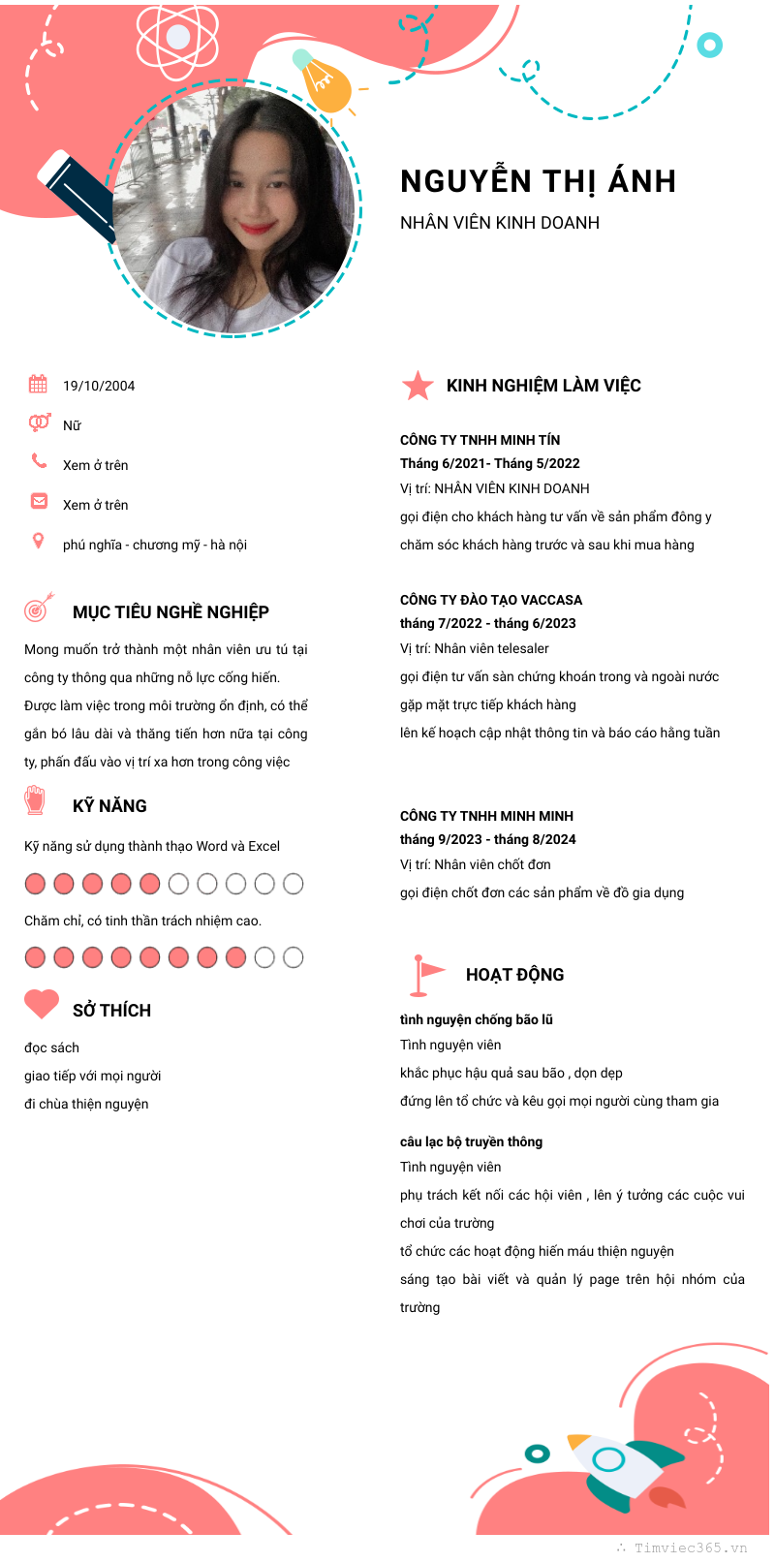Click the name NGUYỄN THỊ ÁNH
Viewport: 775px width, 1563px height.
click(538, 181)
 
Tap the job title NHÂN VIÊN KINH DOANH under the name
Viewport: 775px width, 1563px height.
click(500, 223)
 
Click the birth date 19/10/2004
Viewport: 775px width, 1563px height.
click(99, 386)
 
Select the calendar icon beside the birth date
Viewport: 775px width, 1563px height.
click(38, 384)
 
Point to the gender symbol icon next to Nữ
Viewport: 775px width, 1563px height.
click(39, 422)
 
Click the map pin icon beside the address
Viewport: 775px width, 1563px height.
click(38, 541)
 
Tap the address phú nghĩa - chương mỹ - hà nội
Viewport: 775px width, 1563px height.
click(155, 545)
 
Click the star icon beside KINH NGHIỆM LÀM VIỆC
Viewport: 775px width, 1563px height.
click(418, 386)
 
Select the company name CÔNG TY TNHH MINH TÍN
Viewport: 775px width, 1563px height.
click(480, 440)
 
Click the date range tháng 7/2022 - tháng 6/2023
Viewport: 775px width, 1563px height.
click(488, 623)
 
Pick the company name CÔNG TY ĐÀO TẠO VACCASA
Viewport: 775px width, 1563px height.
click(491, 600)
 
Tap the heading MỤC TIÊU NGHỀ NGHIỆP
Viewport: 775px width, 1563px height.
click(170, 612)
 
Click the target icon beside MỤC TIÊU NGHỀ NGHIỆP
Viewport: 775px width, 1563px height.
click(39, 608)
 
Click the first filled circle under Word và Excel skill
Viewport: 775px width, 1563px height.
click(35, 884)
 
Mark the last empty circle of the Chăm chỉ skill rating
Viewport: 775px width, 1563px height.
click(293, 957)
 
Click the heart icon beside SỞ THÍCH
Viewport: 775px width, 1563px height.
click(42, 1004)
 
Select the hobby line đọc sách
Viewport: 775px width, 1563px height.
click(52, 1047)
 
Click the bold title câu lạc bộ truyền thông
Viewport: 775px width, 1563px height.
click(472, 1141)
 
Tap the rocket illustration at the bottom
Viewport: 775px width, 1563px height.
click(620, 1468)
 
